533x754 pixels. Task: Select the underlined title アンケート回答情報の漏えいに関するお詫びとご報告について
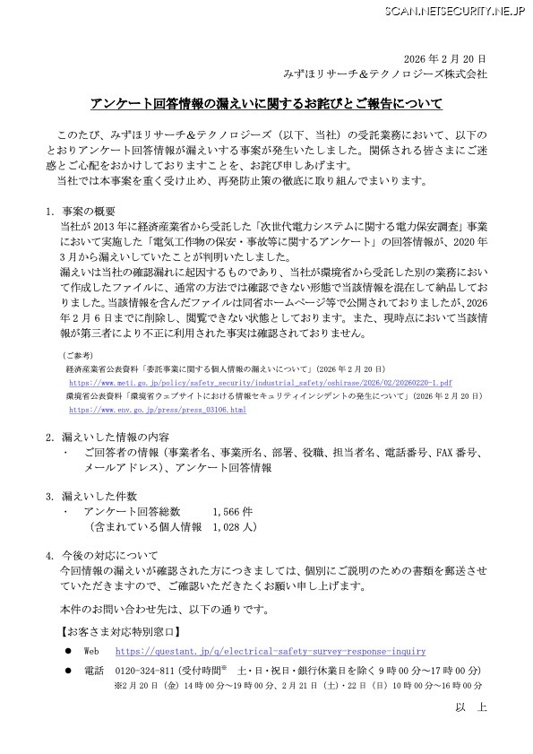pos(266,103)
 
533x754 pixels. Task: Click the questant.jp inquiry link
pos(271,651)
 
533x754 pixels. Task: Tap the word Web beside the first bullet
pos(91,651)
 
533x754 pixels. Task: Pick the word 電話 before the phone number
pos(93,671)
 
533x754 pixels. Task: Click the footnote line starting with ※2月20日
pos(287,687)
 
